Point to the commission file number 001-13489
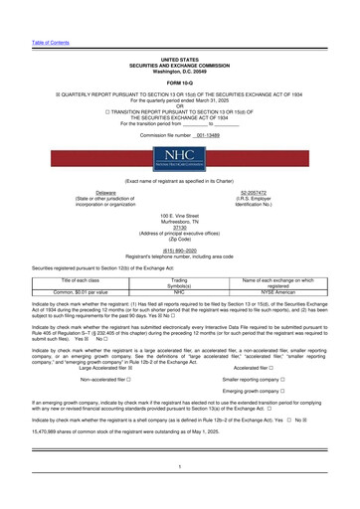click(x=203, y=133)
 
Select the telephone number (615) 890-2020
click(x=179, y=250)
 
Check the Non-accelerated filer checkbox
click(x=128, y=380)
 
